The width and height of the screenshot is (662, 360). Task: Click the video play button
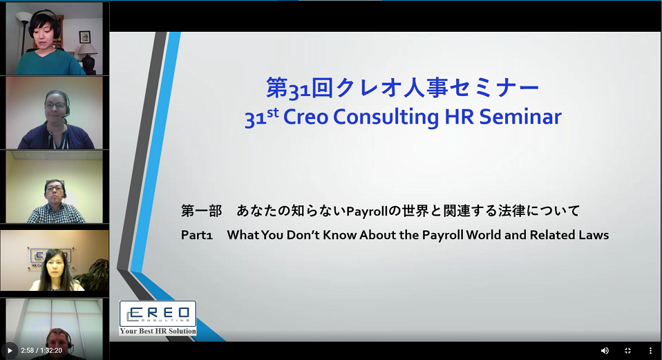(x=10, y=350)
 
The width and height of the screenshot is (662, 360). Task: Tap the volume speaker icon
(x=605, y=351)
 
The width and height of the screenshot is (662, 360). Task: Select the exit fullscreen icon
(x=627, y=351)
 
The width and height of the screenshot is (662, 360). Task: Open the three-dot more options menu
(x=650, y=351)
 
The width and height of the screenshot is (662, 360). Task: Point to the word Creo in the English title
(x=305, y=117)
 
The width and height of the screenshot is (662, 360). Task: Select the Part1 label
(x=196, y=235)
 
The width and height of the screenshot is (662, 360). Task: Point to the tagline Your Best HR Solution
(x=158, y=331)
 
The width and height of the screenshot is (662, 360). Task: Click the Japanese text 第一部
(x=201, y=210)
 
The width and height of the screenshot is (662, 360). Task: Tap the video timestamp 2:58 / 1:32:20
(x=41, y=350)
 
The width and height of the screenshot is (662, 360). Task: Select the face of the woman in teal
(x=42, y=33)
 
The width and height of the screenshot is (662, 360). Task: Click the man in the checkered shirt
(x=55, y=202)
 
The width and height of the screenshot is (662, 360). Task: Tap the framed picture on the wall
(x=85, y=37)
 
